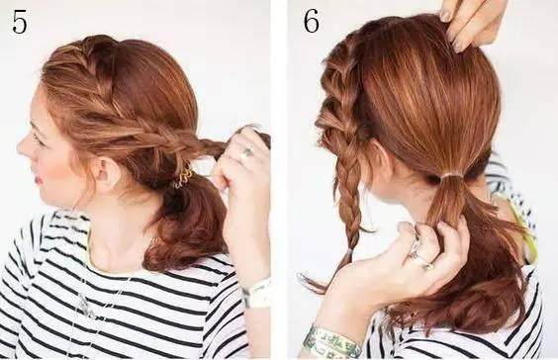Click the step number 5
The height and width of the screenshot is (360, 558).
coord(20,22)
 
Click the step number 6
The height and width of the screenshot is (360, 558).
coord(311,21)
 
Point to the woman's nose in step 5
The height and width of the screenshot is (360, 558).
coord(22,145)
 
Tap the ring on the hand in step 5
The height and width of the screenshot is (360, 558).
coord(246,152)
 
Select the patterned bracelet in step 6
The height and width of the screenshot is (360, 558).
coord(330,340)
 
